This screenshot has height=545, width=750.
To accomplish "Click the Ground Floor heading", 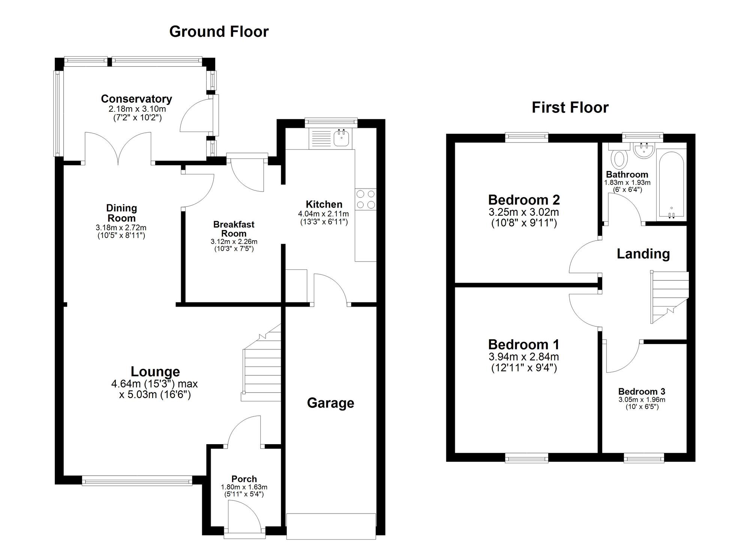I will coord(219,31).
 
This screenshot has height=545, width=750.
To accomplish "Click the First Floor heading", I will coord(570,108).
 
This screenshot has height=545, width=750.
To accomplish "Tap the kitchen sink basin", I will coord(342,138).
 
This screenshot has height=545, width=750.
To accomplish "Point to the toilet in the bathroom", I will coord(619,159).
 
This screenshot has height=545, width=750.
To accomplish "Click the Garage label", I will coord(330,403).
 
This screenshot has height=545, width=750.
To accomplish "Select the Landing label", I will coord(643,254).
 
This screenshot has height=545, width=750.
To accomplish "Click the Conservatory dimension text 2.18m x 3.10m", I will coord(137,109).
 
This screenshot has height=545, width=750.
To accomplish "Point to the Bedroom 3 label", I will coord(642,391).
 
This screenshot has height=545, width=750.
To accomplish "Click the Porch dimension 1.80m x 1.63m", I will coord(244,487).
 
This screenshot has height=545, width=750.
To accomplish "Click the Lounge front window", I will coord(137,481).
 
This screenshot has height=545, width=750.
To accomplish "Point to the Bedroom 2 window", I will coord(526,137).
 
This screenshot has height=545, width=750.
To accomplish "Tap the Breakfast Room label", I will coord(234,229).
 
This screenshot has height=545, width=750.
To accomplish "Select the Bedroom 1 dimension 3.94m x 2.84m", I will coord(523,356).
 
